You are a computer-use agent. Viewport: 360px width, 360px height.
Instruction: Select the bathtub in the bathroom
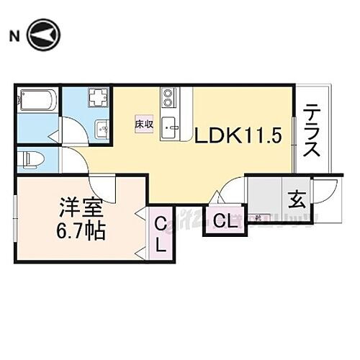tap(37, 101)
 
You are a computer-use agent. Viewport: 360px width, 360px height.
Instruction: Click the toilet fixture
tap(32, 158)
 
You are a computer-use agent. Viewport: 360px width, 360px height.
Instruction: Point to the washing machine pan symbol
tap(98, 98)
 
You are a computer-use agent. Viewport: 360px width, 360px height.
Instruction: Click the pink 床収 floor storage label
tap(144, 124)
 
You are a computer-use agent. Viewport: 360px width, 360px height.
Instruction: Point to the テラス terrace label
tap(312, 131)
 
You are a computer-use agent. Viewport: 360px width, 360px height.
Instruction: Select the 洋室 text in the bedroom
tap(81, 211)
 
